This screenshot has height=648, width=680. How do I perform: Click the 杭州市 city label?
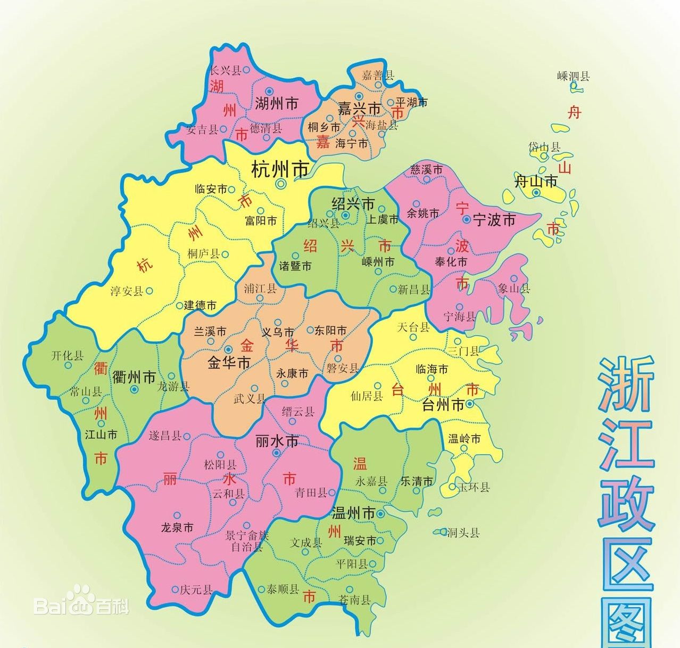280,169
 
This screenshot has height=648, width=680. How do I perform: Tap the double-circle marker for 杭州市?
281,184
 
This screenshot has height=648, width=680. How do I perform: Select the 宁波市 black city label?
494,219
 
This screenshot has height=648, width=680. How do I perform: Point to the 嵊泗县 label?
574,76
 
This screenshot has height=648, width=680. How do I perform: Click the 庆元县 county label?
196,589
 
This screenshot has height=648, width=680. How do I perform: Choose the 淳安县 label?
127,291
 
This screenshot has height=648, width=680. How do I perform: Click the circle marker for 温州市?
381,514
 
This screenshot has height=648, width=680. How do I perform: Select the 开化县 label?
67,356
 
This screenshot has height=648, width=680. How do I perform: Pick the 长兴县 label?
226,70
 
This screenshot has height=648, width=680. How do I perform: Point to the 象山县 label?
514,289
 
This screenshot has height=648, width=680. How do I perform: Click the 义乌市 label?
278,332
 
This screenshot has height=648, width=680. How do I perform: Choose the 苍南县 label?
354,600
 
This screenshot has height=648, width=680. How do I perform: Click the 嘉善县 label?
378,75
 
